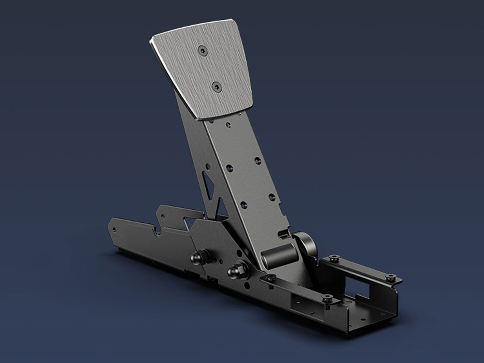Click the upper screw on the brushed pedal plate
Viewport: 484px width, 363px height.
202,50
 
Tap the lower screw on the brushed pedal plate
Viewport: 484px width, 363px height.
217,86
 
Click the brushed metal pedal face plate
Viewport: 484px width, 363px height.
202,69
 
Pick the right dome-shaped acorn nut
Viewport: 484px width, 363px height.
234,271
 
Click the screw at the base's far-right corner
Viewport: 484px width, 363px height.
390,277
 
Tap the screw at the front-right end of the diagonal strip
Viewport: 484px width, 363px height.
327,298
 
